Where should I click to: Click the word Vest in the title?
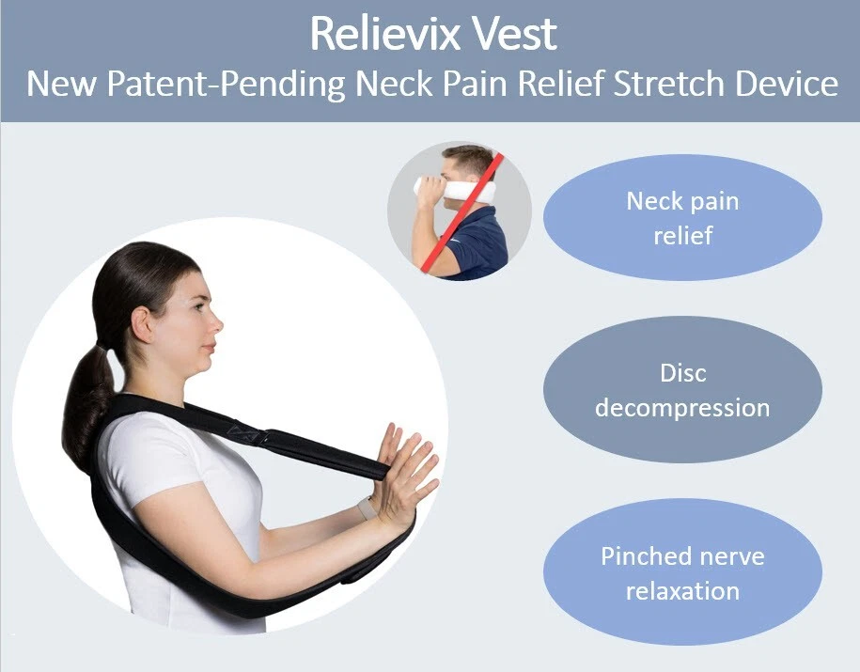tap(514, 34)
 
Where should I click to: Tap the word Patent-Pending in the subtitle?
tap(226, 84)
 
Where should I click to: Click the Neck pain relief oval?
tap(682, 218)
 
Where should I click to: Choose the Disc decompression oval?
tap(682, 390)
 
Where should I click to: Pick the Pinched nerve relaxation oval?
tap(682, 572)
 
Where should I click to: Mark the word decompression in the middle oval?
tap(682, 408)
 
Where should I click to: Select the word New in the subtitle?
tap(61, 84)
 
